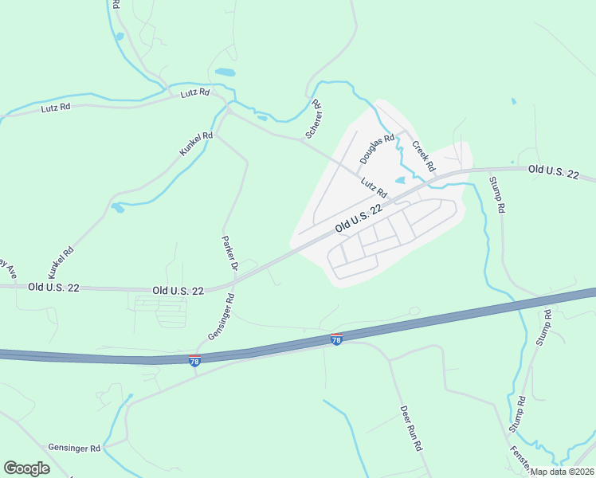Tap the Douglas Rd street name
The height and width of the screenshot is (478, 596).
pos(377,149)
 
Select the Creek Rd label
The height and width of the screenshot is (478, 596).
pos(423,157)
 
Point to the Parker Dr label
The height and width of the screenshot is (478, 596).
pos(229,252)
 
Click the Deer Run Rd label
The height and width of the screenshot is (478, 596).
pos(410,429)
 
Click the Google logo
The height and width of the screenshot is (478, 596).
pos(26,468)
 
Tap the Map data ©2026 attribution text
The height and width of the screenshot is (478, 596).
pos(562,472)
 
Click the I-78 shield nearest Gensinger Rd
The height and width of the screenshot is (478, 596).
pos(194,361)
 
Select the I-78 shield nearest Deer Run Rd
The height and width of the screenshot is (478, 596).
pos(336,339)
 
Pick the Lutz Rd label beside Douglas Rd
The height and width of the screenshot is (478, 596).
pos(373,188)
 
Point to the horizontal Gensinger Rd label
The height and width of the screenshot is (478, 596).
pos(74,449)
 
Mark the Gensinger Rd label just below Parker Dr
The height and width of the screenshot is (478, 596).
pos(221,318)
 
